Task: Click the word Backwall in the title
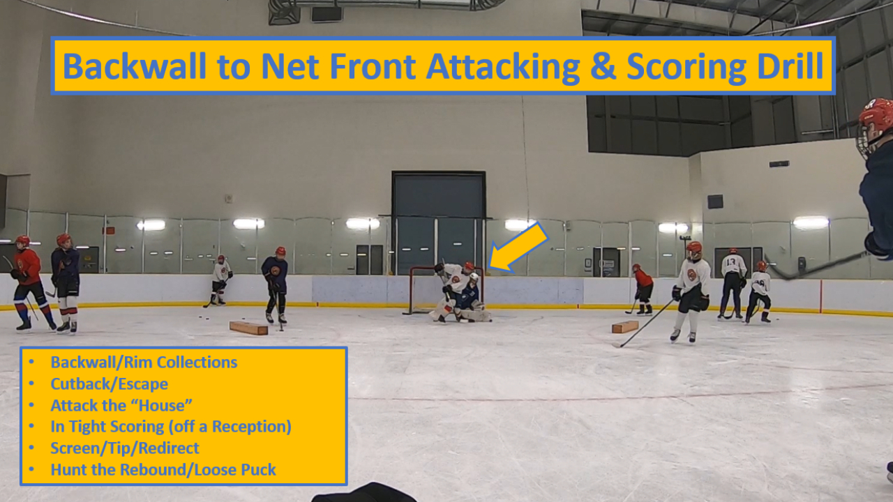[135, 66]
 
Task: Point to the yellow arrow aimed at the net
[518, 248]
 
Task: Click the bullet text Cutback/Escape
[110, 384]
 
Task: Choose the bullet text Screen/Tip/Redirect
[125, 448]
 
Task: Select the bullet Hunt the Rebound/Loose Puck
[163, 470]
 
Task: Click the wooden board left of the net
[248, 328]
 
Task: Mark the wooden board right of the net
[625, 327]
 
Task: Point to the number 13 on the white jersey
[730, 263]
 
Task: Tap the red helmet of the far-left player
[23, 241]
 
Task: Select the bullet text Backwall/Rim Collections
[144, 363]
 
